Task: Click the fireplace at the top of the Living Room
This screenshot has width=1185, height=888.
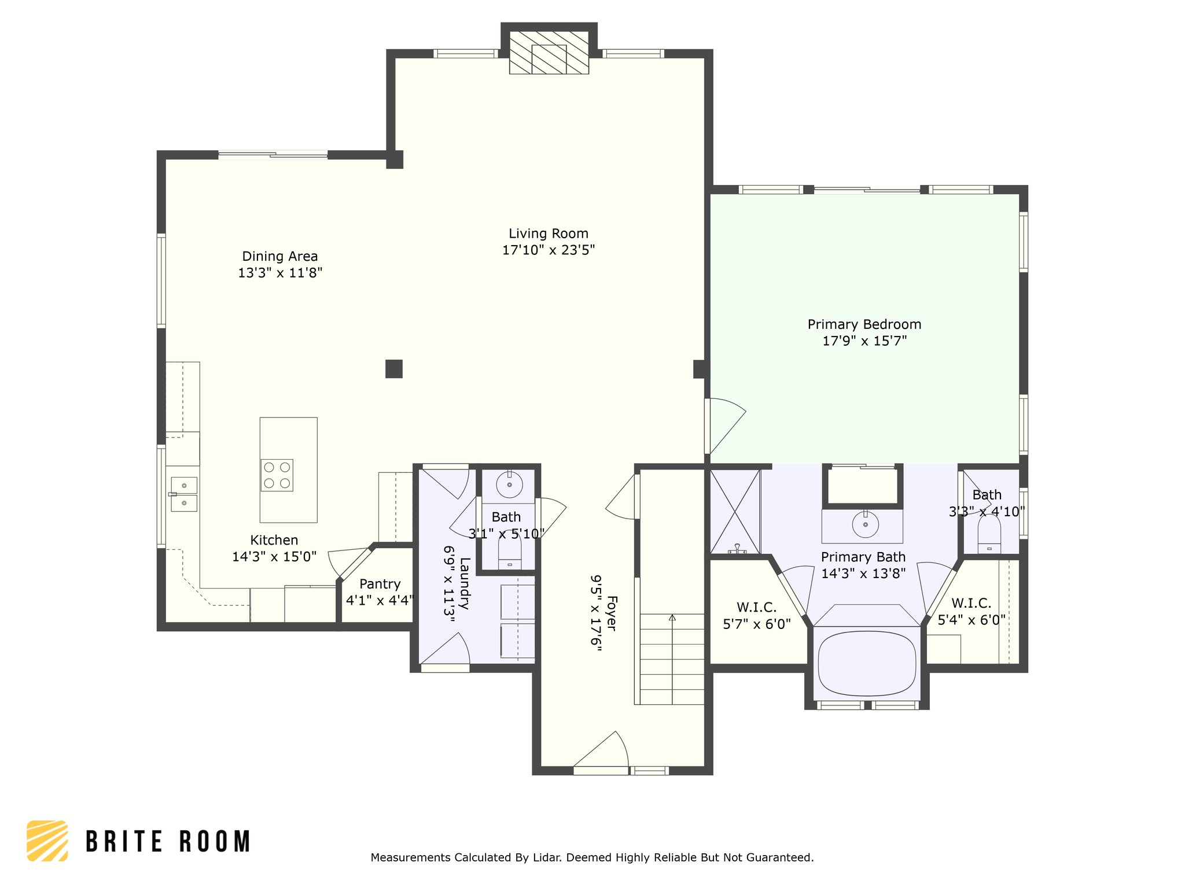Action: [549, 52]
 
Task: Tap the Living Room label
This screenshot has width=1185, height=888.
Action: [549, 234]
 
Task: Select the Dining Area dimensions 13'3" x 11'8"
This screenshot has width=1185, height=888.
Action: [280, 273]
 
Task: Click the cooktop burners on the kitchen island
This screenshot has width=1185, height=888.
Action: [277, 475]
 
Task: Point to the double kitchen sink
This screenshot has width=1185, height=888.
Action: [184, 494]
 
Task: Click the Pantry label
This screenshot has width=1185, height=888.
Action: [380, 584]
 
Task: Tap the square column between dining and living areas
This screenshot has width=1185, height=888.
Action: [394, 369]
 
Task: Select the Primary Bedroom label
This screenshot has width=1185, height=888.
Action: [864, 324]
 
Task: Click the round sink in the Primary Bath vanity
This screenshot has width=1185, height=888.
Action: [865, 524]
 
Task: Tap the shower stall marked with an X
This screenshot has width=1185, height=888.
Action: [735, 512]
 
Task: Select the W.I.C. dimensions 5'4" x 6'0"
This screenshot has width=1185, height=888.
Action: [971, 620]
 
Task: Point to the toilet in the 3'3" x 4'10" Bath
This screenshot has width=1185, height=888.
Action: [989, 534]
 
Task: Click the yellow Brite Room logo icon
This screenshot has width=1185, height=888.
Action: [47, 841]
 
